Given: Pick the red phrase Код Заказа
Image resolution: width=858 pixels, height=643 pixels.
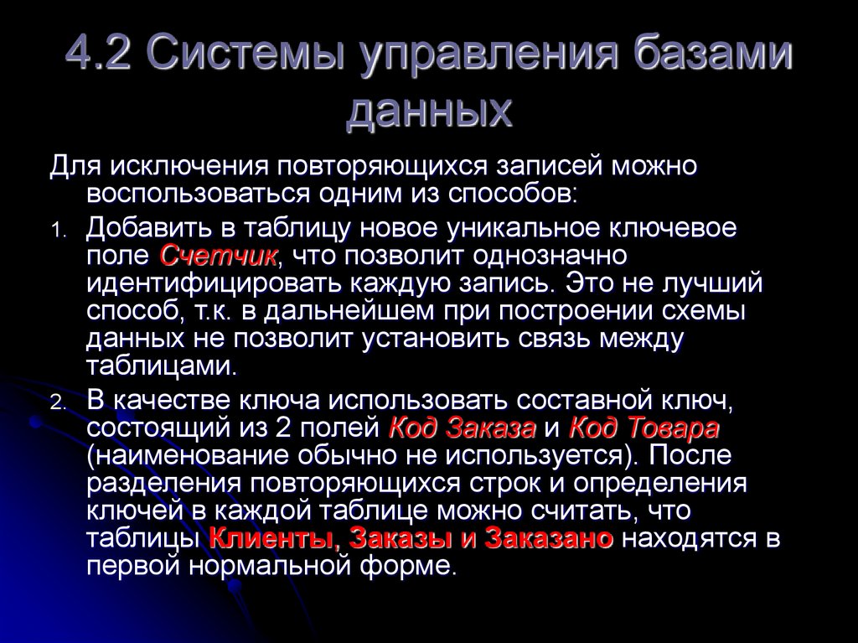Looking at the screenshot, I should point(463,428).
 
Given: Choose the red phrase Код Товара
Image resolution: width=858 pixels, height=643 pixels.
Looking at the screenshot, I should point(643,428).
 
